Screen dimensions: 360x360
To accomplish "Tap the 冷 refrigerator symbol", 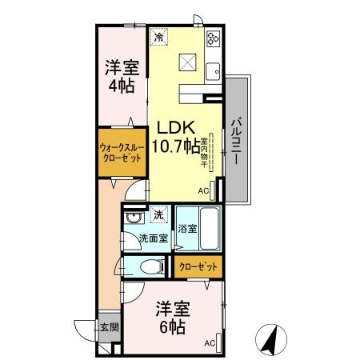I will [159, 37].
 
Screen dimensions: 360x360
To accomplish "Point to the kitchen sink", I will [214, 73].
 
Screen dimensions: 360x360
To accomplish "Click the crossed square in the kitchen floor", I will [189, 62].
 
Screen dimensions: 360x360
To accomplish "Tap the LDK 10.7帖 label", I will [177, 138].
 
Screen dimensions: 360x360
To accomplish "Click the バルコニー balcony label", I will [237, 139].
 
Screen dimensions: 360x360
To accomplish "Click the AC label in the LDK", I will [203, 191].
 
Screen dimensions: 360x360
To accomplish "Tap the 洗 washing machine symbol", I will [158, 215].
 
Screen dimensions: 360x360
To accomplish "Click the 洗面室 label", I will [152, 238].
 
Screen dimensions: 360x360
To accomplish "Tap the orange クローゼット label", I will [196, 267].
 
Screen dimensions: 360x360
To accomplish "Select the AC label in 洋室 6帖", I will [210, 344].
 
